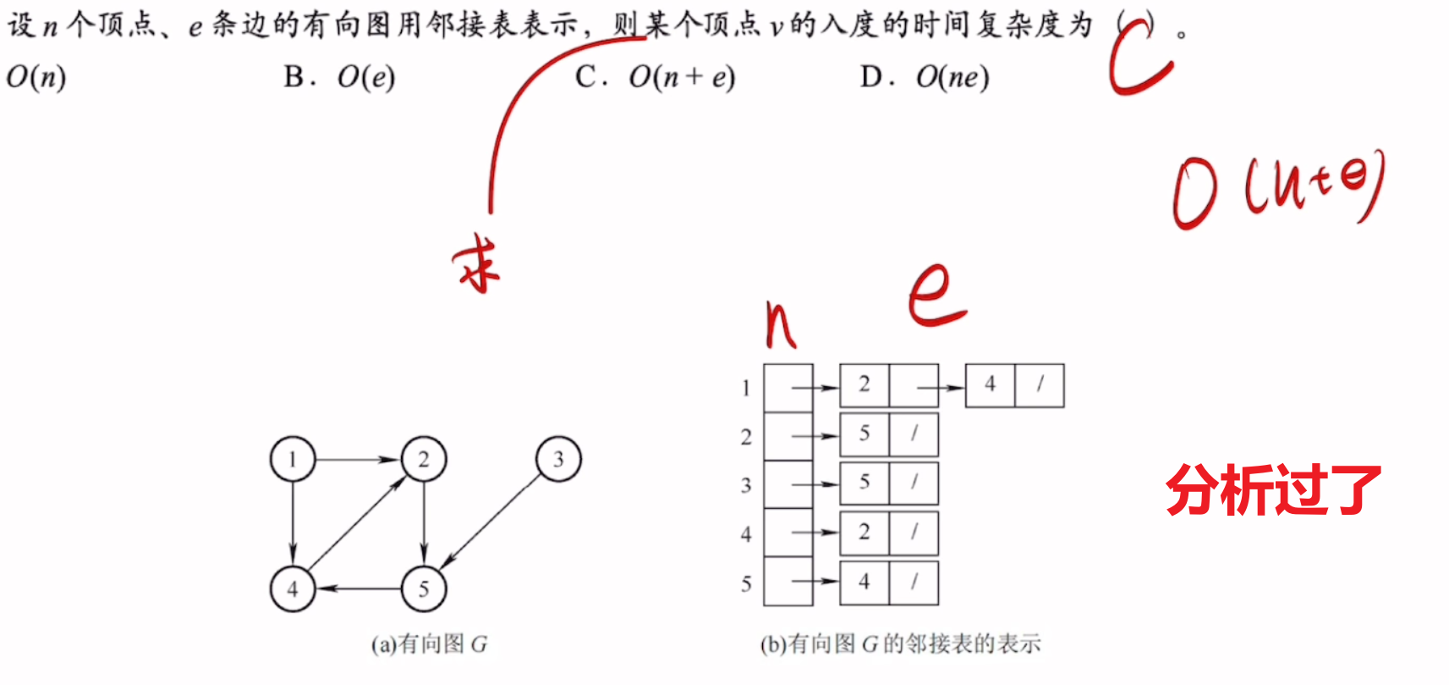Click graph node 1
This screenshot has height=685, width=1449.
point(293,459)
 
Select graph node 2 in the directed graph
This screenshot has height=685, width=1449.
point(424,459)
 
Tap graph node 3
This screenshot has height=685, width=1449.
point(559,459)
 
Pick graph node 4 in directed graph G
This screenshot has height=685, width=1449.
point(293,588)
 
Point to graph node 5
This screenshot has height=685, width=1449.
point(424,588)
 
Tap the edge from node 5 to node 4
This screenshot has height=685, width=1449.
point(359,588)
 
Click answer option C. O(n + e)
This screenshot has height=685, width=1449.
point(656,78)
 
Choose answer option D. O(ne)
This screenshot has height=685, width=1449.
point(925,78)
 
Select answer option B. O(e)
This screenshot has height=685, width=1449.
point(339,78)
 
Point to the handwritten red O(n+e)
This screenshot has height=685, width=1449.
point(1277,189)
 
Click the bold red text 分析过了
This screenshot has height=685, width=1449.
point(1273,489)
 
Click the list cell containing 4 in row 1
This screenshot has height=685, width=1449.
point(991,385)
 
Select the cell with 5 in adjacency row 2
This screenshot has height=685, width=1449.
point(864,434)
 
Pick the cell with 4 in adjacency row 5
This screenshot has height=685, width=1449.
point(864,583)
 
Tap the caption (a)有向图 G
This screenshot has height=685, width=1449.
point(430,644)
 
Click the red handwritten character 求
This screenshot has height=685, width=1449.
point(477,264)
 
